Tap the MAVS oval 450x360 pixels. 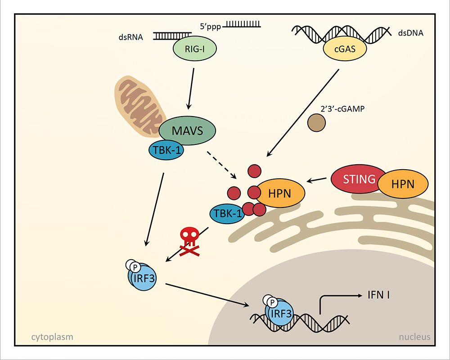click(x=188, y=131)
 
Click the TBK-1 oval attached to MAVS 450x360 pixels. click(x=166, y=151)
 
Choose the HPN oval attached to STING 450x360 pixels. click(x=402, y=184)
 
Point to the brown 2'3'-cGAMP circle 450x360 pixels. click(x=316, y=122)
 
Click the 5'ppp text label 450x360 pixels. click(x=209, y=26)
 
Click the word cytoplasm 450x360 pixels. click(x=52, y=337)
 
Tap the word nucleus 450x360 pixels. click(x=414, y=337)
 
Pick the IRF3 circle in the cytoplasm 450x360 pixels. click(x=144, y=278)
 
